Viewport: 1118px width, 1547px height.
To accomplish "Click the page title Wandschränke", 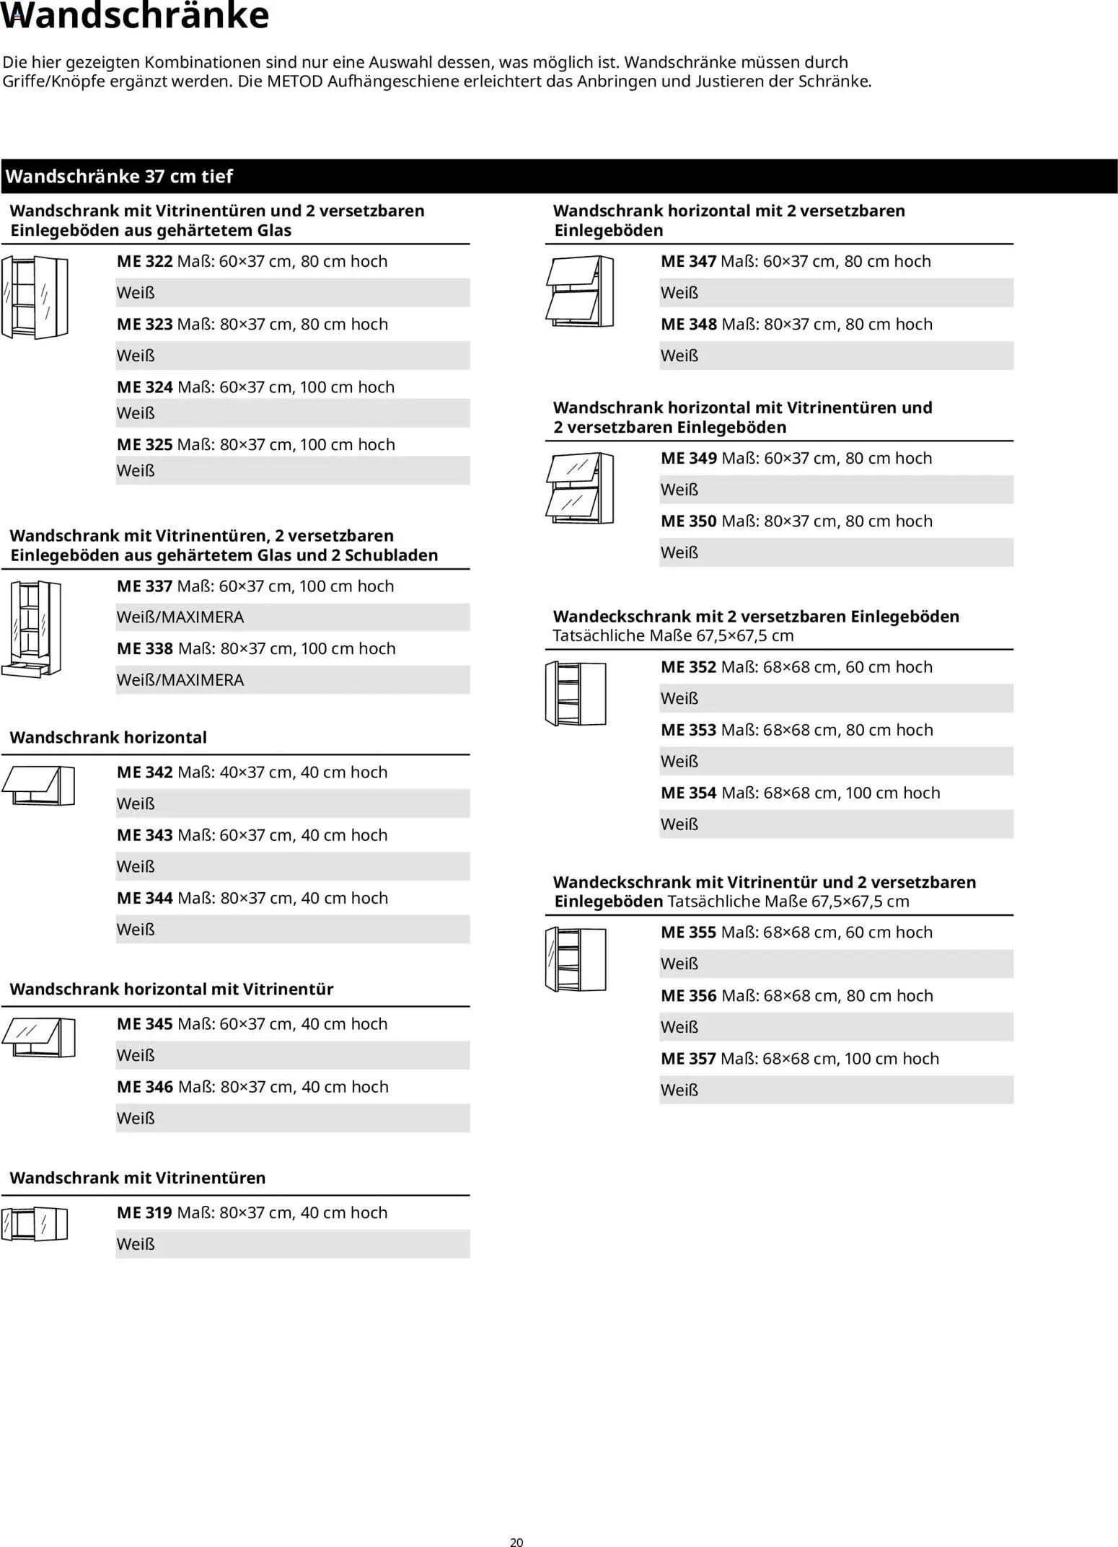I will [136, 16].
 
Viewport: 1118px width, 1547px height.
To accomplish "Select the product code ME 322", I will [144, 261].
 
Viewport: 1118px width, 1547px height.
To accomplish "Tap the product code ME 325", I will [144, 444].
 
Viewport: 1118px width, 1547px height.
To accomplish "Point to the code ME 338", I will [144, 648].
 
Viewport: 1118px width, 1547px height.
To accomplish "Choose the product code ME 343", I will [144, 835].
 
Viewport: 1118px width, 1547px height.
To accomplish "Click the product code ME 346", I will [144, 1087].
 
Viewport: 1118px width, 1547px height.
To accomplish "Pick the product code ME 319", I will [144, 1213].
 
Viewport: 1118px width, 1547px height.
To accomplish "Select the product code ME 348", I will [689, 325].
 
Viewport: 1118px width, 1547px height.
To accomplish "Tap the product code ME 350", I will [689, 521].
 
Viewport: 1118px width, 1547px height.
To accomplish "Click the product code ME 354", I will [689, 793].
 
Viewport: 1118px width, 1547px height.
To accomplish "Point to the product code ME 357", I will [688, 1059].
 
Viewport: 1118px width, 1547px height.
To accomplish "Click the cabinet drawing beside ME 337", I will [32, 629].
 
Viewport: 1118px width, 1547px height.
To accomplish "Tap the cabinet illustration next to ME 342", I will [38, 785].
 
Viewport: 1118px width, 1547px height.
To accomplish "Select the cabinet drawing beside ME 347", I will [580, 291].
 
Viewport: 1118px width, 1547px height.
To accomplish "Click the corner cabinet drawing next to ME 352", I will [576, 693].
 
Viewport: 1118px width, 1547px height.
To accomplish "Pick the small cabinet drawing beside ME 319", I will [34, 1224].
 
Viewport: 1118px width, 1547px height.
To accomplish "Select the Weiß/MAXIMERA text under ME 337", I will [180, 617].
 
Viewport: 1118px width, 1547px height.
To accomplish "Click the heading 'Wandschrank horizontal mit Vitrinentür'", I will [172, 989].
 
